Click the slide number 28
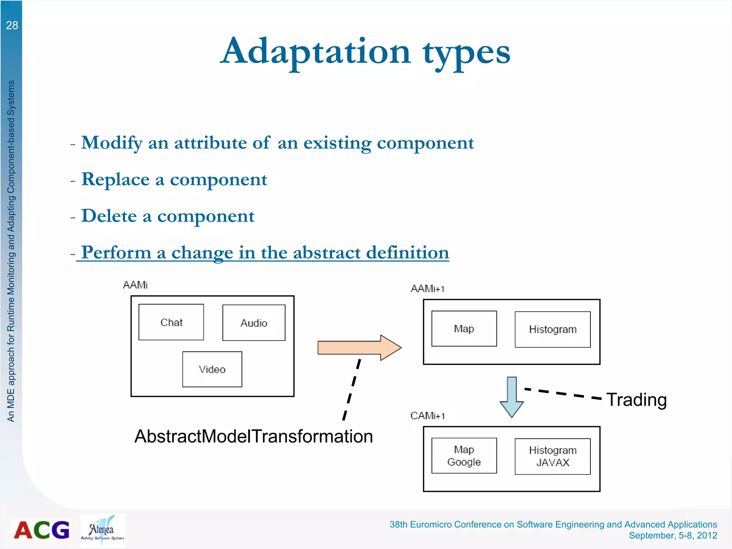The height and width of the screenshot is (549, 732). click(12, 25)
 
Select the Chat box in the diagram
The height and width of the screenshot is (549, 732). click(171, 322)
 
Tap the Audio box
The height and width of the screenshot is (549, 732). click(254, 323)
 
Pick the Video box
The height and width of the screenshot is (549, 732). click(212, 369)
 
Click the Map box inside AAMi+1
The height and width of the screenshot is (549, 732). click(464, 328)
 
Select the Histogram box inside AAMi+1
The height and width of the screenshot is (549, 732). click(553, 329)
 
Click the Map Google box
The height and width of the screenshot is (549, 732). click(464, 456)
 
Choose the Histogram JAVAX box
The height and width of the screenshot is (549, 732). click(553, 456)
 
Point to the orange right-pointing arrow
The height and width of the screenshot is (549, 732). click(357, 347)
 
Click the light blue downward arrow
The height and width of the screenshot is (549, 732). click(512, 397)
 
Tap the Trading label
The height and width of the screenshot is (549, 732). click(637, 400)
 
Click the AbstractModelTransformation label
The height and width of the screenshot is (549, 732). click(253, 436)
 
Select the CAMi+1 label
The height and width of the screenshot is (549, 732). click(427, 416)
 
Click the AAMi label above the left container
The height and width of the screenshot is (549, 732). click(135, 285)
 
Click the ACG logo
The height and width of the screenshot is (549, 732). click(41, 530)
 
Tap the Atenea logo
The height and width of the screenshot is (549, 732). click(103, 530)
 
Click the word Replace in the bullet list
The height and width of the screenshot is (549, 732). click(115, 179)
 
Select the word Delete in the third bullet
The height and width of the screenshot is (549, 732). click(109, 216)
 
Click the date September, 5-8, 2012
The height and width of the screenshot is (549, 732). click(673, 535)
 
